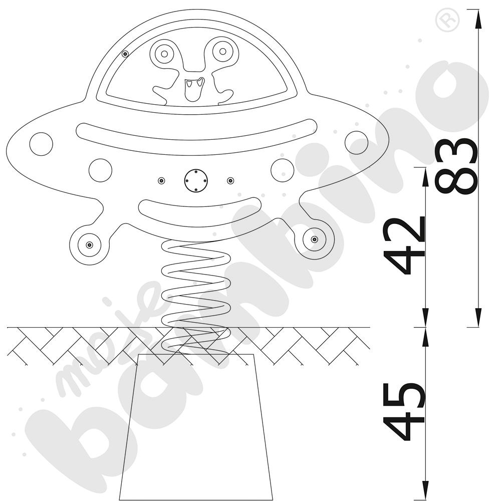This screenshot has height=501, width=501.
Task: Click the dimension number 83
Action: click(x=456, y=166)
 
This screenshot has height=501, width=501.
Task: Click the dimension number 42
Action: click(x=405, y=245)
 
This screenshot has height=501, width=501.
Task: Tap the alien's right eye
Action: click(x=222, y=51)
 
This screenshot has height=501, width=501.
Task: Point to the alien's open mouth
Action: click(x=193, y=88)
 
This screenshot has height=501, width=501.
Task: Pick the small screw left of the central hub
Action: click(x=161, y=180)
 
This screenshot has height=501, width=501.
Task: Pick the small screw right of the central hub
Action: click(x=230, y=180)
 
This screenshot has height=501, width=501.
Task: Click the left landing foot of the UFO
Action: click(x=89, y=244)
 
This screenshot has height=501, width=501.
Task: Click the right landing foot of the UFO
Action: click(x=314, y=239)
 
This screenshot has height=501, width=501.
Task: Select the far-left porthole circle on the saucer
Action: click(x=41, y=144)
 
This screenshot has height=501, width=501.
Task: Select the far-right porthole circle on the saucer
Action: click(x=356, y=143)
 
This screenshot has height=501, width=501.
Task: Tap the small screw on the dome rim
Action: click(x=125, y=54)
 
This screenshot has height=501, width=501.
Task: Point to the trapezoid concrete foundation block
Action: click(x=195, y=431)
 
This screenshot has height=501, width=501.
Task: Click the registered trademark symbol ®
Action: click(x=447, y=21)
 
